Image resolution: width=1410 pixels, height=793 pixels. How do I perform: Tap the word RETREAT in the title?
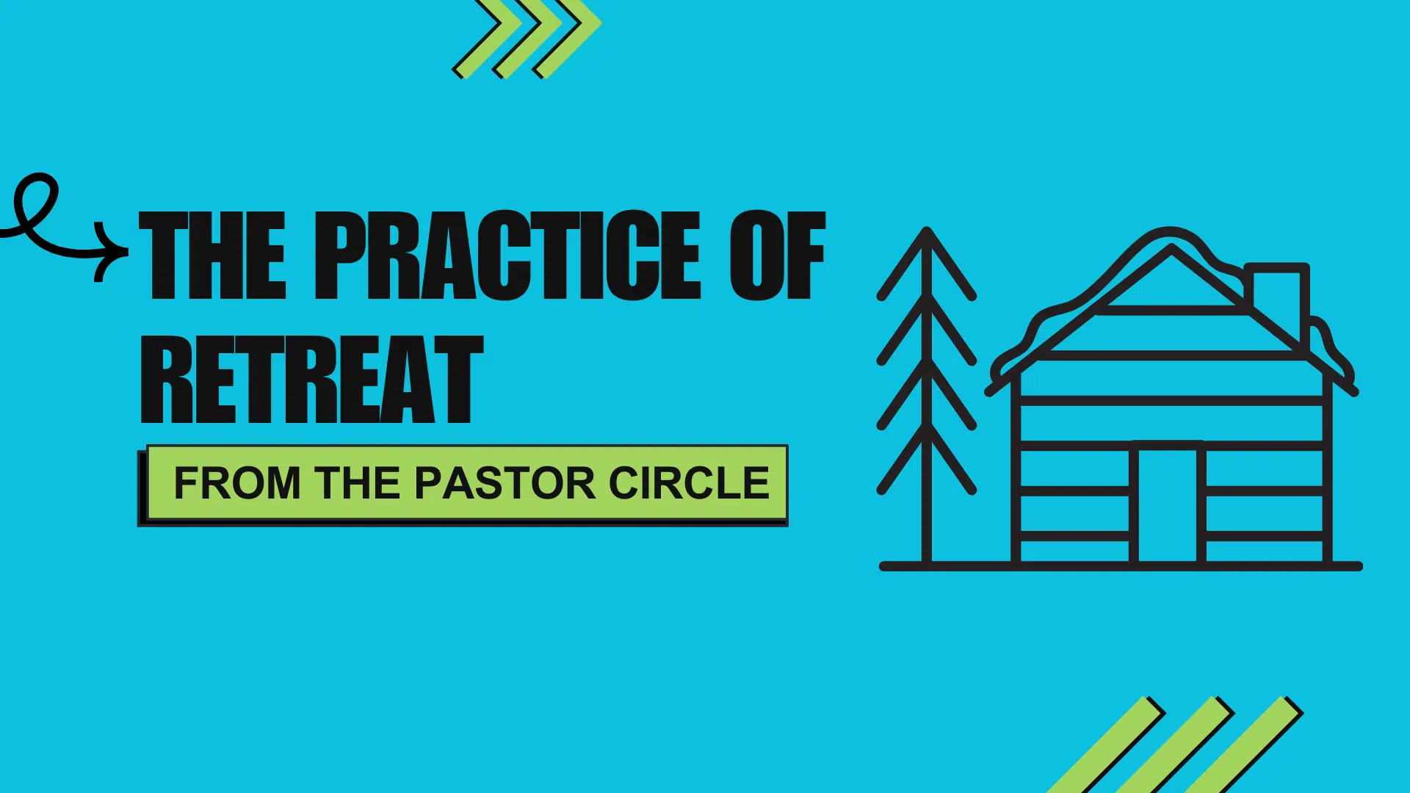tap(312, 380)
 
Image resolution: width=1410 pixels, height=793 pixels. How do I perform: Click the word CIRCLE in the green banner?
tap(689, 483)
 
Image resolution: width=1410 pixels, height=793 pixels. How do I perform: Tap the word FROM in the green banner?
tap(237, 483)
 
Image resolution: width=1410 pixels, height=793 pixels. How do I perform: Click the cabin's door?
tap(1168, 502)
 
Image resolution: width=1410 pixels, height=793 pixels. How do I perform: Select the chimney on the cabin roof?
tap(1277, 301)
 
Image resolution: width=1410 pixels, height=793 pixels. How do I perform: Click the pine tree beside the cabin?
tap(927, 396)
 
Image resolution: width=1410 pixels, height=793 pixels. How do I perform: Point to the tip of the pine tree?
tap(927, 229)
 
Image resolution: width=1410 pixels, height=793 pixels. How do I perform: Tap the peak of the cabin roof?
tap(1171, 247)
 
